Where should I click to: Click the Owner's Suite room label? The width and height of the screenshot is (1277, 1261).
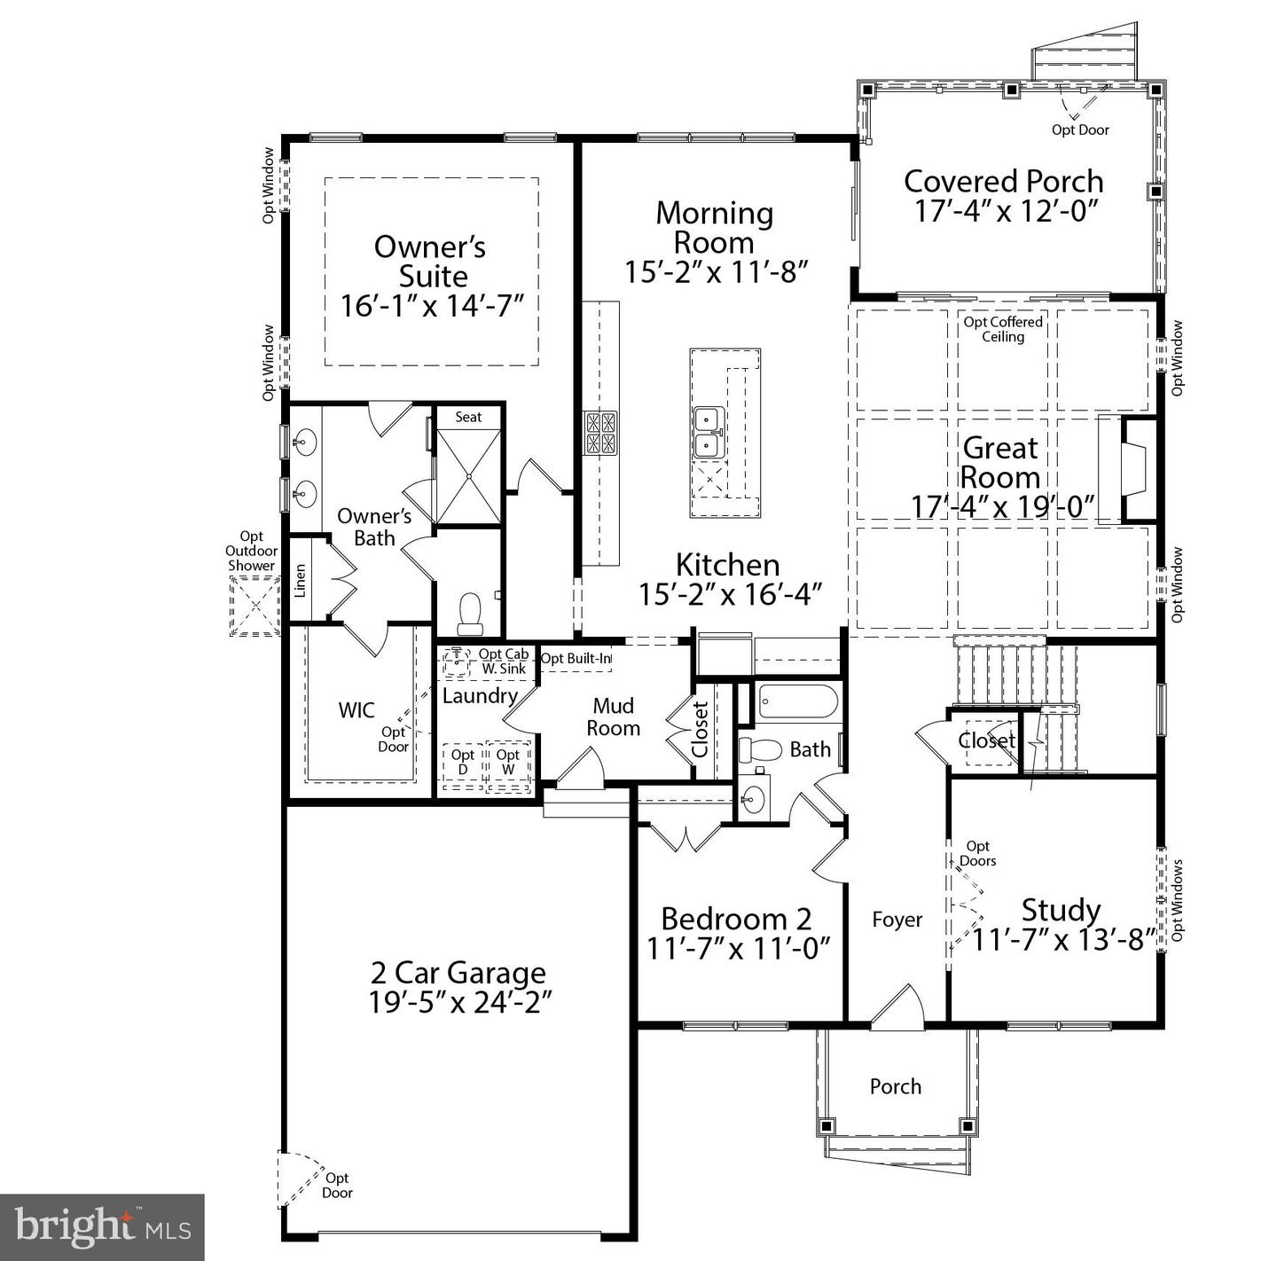coord(431,261)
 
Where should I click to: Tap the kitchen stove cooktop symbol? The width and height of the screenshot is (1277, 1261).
coord(600,434)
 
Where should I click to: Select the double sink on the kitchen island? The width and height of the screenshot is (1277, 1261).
coord(707,433)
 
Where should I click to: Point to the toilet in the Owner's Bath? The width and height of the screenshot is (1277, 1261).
coord(469,613)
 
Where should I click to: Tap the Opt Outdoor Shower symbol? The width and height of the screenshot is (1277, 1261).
coord(255,606)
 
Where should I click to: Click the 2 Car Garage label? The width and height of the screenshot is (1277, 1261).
coord(458,973)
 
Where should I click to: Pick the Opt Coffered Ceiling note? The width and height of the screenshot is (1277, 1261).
coord(1003,329)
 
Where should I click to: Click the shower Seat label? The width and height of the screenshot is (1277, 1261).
coord(468,417)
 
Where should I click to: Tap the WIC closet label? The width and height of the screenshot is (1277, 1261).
coord(356,710)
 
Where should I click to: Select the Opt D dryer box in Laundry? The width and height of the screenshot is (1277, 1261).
coord(463,764)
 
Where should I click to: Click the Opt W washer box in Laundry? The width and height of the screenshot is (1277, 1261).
coord(508,764)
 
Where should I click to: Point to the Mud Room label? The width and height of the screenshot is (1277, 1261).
coord(613,717)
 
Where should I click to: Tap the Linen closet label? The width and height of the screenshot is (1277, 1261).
coord(301,580)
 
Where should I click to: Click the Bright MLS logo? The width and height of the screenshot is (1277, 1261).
coord(102,1227)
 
